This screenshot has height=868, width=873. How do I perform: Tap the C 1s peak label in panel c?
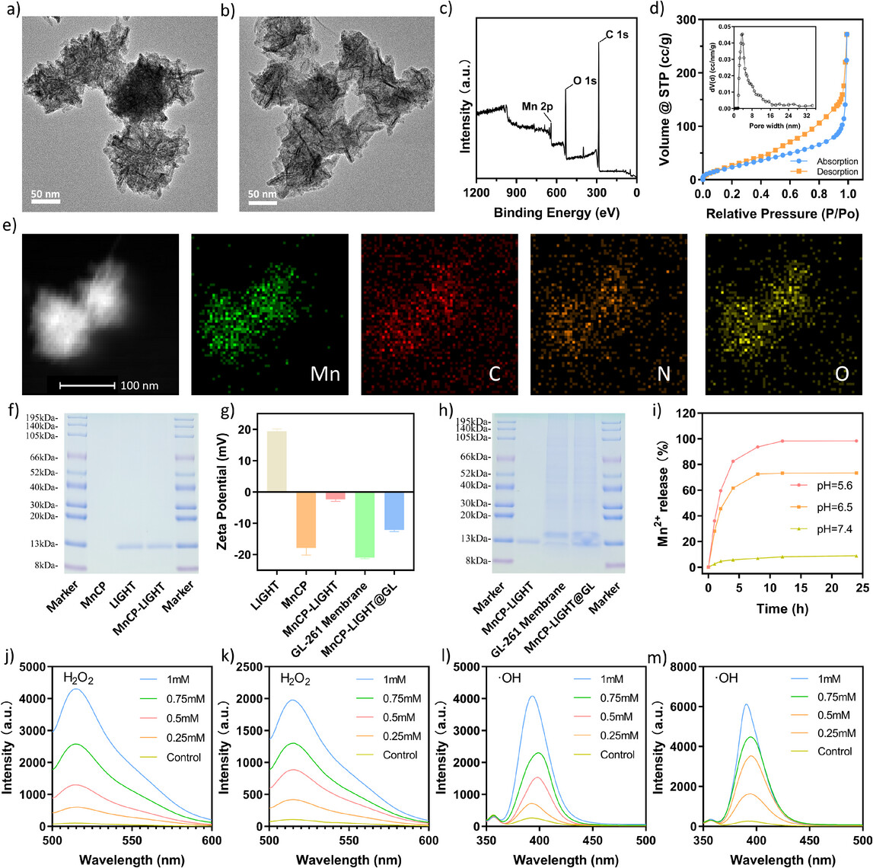(617, 35)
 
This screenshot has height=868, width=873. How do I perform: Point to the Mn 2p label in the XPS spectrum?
(538, 107)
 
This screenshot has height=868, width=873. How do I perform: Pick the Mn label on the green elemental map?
(325, 375)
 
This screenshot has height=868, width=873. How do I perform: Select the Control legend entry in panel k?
(400, 755)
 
